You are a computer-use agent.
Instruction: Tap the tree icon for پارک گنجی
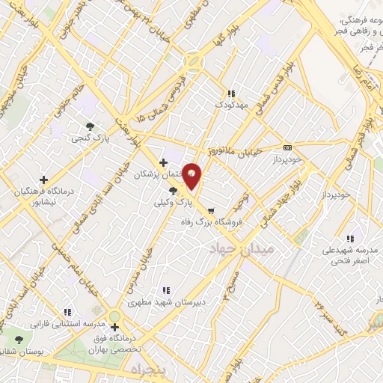point(90,126)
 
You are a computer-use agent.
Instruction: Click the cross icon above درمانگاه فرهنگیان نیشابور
point(43,180)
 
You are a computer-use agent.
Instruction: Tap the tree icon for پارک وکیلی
point(173,191)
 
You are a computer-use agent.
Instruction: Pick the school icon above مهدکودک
point(231,94)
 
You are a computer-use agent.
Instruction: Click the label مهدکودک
point(232,105)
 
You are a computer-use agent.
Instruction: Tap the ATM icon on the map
point(288,147)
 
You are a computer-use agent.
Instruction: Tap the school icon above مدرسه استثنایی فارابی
point(67,313)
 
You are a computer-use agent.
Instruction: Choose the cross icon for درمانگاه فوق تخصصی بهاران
point(114,327)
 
